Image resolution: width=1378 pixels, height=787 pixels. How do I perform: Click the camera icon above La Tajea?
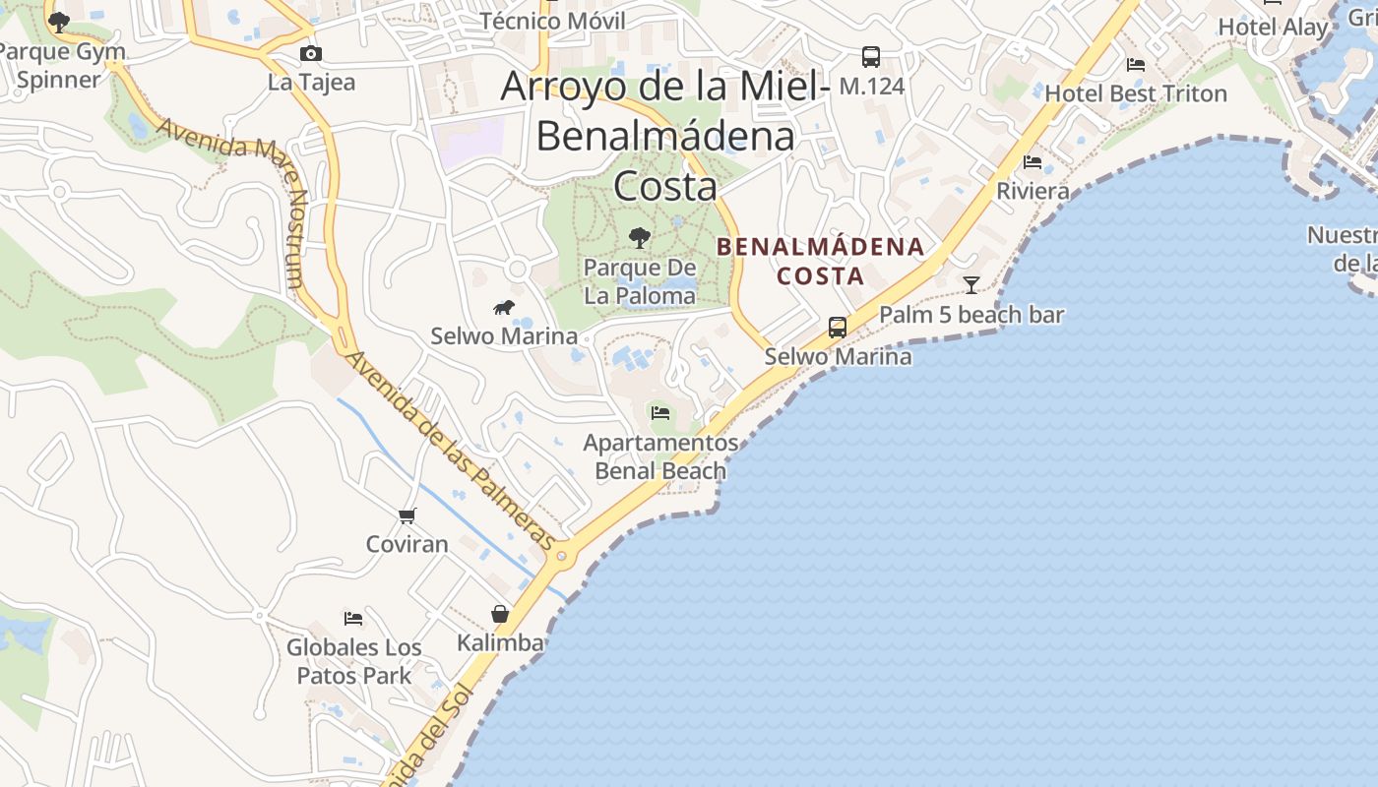point(311,53)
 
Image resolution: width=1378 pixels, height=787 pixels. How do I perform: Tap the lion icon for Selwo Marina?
point(504,308)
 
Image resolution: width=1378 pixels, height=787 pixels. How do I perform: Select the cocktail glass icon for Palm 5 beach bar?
point(971,285)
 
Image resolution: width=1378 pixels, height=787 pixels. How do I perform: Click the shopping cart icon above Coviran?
point(407,515)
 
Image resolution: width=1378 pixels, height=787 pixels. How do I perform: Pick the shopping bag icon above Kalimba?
point(500,614)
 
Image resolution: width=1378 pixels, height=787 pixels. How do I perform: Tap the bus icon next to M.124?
point(870,57)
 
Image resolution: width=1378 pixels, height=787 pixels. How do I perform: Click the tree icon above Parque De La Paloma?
point(640,237)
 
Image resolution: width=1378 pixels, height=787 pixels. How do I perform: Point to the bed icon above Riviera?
point(1033,161)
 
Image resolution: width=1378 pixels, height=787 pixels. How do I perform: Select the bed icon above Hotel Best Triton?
point(1136,65)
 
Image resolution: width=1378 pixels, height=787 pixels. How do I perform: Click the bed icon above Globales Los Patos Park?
point(353,619)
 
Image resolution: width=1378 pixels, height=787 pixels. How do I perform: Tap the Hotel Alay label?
point(1273,28)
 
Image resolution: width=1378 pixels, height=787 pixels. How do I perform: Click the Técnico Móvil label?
point(552,21)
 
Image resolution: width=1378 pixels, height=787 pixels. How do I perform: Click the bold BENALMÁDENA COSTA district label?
point(821,261)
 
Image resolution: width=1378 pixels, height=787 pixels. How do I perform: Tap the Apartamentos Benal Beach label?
point(660,456)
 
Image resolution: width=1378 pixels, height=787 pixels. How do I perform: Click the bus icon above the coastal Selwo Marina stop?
point(838,327)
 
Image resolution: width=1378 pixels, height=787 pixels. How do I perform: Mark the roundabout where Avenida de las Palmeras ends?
point(562,556)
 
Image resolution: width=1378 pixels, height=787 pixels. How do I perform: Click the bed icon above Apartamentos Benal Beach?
point(660,413)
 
